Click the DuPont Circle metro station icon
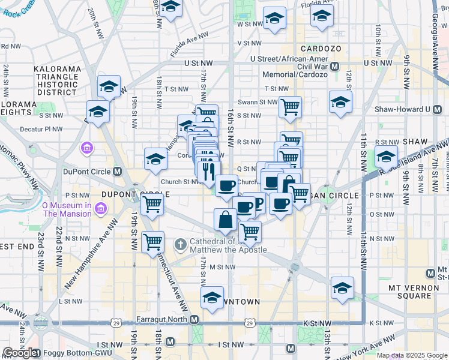point(118,171)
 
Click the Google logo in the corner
point(19,353)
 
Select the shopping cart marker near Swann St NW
point(290,107)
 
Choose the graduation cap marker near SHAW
point(386,157)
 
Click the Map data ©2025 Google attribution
point(412,355)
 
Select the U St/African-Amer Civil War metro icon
point(335,67)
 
